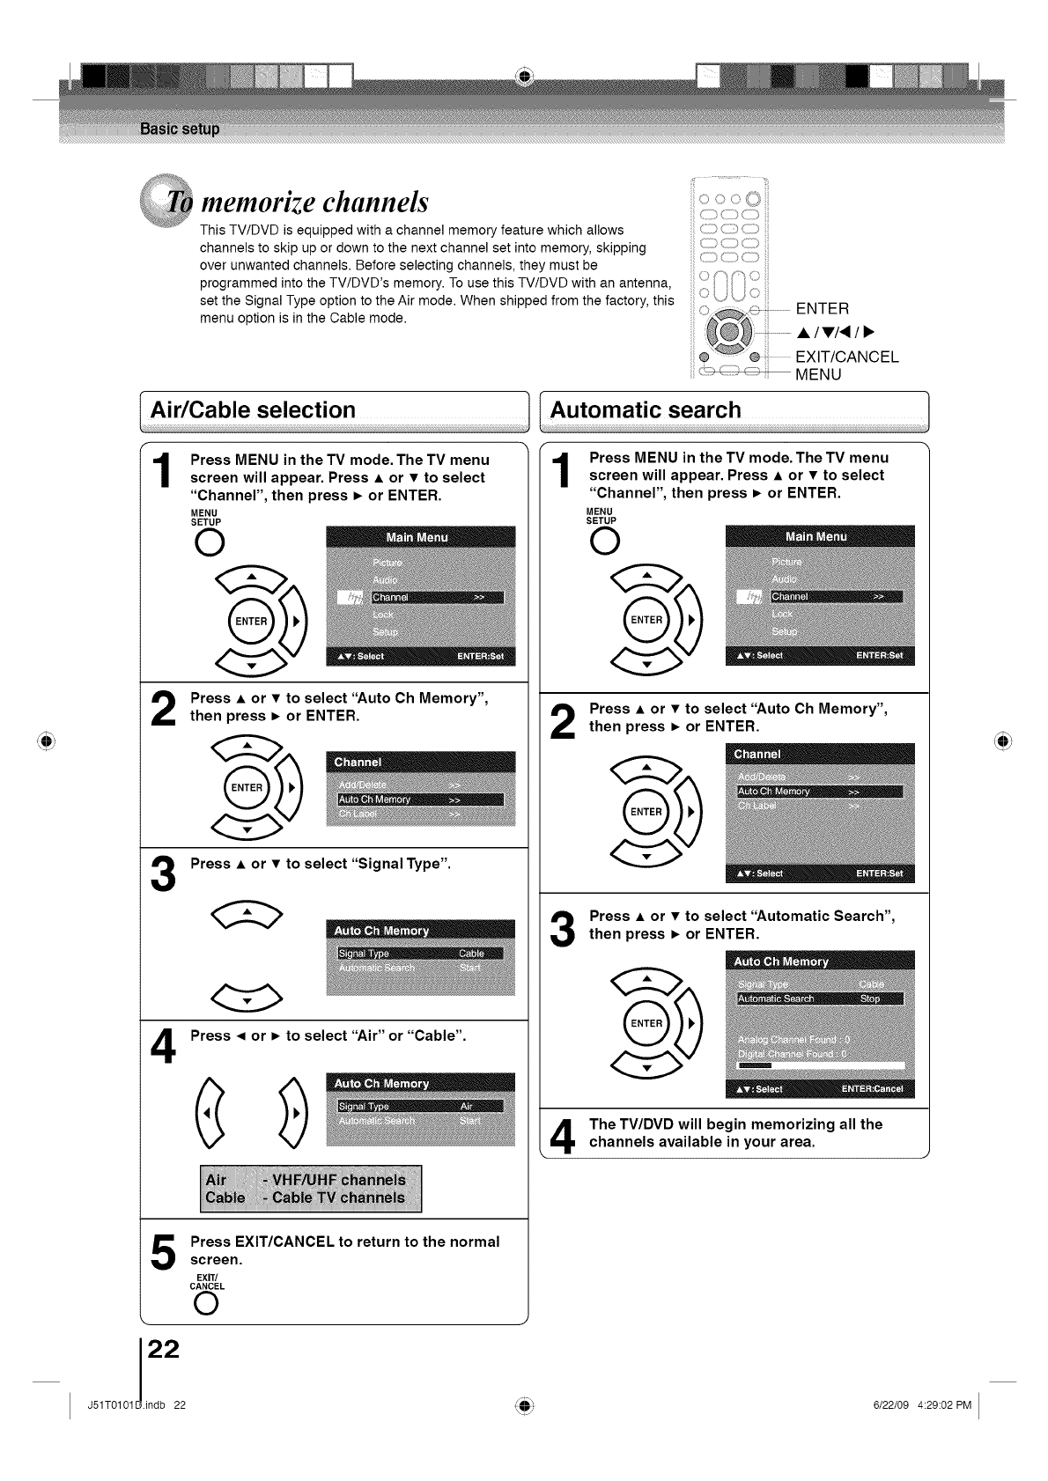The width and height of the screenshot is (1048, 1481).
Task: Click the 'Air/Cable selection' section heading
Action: [x=254, y=410]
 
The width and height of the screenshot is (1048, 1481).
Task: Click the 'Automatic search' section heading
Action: [x=646, y=410]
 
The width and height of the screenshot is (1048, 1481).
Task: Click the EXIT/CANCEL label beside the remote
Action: [x=846, y=357]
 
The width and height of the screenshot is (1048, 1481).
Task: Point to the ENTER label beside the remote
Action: [x=822, y=308]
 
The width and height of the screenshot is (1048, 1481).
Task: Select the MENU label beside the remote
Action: [x=818, y=374]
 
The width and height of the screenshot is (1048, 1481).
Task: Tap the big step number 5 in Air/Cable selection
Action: [x=163, y=1251]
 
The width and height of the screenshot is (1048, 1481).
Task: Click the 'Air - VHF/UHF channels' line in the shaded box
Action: [x=306, y=1180]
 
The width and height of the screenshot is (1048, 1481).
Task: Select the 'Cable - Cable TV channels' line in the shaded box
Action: [x=306, y=1197]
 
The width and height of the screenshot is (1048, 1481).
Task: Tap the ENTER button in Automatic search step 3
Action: [x=646, y=1023]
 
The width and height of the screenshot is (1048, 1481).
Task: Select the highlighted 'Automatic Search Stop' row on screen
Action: [x=820, y=998]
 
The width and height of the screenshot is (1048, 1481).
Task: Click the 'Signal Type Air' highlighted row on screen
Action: [x=420, y=1106]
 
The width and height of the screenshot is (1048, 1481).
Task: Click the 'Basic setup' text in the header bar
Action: [x=180, y=129]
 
